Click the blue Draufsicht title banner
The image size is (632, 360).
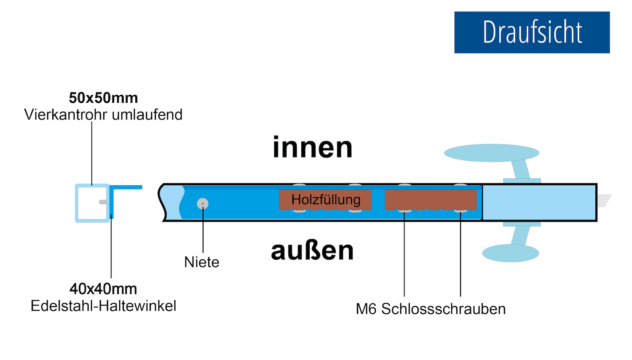pos(532,32)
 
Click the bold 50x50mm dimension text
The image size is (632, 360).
pos(103,98)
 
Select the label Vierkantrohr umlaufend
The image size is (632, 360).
pos(103,115)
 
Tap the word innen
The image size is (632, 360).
pos(312,148)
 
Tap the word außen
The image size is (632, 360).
pos(312,251)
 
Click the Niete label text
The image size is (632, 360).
pos(202,262)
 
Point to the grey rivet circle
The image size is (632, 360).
pos(203,204)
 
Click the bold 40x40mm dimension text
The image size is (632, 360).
pos(103,289)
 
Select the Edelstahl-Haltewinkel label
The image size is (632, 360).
pos(103,306)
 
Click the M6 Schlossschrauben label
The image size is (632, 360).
pos(431,309)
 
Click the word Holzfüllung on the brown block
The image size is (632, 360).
pos(326,200)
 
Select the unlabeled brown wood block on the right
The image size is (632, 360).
pos(430,200)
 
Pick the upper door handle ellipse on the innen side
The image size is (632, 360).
pos(491,153)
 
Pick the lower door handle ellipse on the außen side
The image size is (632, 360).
pos(510,253)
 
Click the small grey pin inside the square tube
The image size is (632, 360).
pos(103,202)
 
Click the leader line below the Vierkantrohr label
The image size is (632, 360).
pos(92,152)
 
